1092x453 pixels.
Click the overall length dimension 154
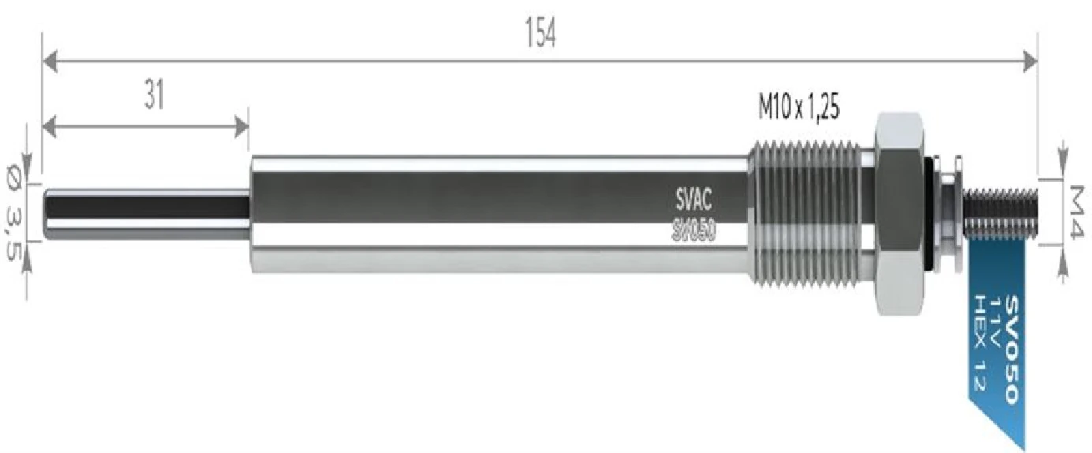pyautogui.click(x=540, y=32)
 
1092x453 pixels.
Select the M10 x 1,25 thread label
pyautogui.click(x=798, y=108)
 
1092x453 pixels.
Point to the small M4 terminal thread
pyautogui.click(x=1002, y=213)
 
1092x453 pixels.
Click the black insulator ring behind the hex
pyautogui.click(x=933, y=213)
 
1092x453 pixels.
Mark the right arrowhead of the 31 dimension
pyautogui.click(x=241, y=125)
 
